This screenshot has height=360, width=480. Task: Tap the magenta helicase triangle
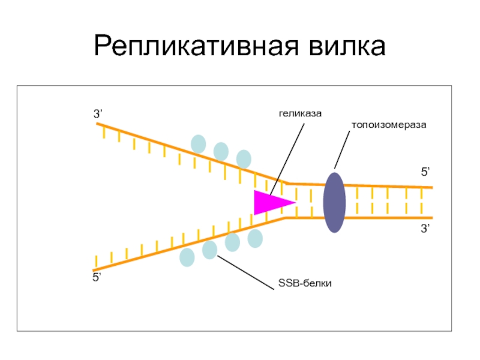click(x=270, y=202)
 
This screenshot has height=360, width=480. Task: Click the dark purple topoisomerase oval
click(x=334, y=202)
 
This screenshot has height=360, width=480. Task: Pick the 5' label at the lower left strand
click(x=97, y=277)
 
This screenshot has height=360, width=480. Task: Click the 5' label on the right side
click(x=424, y=172)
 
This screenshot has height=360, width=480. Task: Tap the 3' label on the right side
click(x=424, y=229)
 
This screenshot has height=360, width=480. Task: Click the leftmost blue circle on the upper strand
click(x=198, y=144)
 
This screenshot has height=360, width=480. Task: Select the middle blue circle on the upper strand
click(x=221, y=151)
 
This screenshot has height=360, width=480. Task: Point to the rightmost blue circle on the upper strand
click(x=243, y=159)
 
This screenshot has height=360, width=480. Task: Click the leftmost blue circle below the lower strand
click(x=187, y=257)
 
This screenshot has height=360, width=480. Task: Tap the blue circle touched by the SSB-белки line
click(x=209, y=250)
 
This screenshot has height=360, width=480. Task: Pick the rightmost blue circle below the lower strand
click(x=255, y=238)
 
